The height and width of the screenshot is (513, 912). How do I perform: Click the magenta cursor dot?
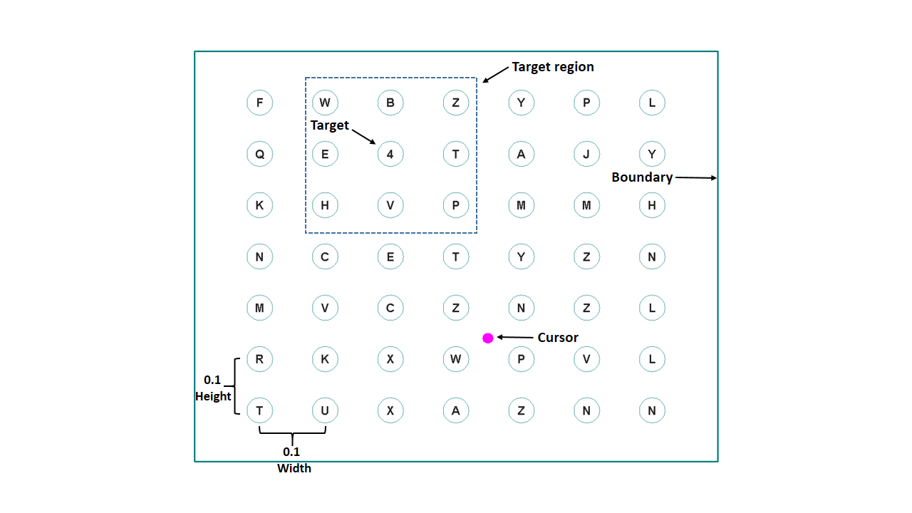coord(487,338)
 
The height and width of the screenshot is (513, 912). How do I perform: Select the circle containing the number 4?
coord(390,154)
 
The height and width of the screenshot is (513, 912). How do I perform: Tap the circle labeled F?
coord(259,103)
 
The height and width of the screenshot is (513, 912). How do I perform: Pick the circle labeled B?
coord(390,103)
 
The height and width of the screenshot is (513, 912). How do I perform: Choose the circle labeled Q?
coord(259,154)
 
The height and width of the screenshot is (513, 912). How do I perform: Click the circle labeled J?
coord(586,154)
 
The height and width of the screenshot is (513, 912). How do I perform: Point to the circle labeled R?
coord(259,359)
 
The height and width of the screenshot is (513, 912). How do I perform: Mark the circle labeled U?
coord(325,410)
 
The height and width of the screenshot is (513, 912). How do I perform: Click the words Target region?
coord(552,67)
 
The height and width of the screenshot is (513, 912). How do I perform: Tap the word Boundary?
coord(642,177)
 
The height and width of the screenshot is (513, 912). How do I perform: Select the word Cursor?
coord(558,338)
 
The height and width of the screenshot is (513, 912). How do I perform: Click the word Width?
coord(294,468)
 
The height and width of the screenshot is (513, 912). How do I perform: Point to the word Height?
coord(213,396)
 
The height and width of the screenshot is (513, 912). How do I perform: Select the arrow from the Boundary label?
coord(695,177)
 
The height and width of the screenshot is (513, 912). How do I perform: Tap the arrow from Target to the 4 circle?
coord(363,135)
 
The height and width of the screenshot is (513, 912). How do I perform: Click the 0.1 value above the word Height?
coord(212,380)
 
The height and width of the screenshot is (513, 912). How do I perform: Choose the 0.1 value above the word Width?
coord(291,452)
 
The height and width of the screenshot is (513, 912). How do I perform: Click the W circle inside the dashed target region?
coord(325,103)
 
